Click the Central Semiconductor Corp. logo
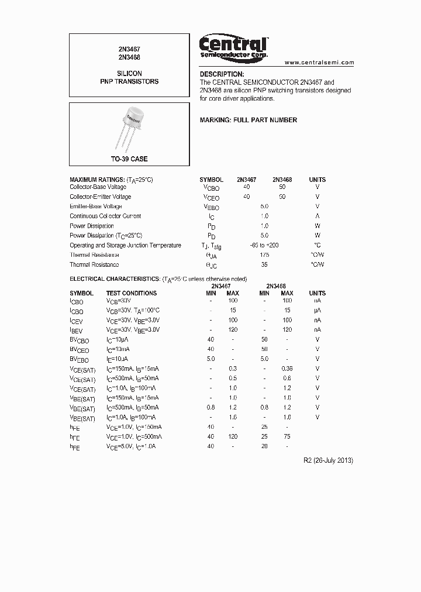233,46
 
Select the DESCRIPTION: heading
222,74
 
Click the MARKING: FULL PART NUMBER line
249,120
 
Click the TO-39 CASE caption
130,159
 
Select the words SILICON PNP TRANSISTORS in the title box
129,78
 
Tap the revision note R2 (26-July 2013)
329,460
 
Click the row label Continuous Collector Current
105,216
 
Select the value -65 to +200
264,246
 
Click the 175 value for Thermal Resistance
264,255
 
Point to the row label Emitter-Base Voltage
96,206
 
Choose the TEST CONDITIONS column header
131,293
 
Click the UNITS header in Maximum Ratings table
318,180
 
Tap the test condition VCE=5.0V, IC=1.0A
132,446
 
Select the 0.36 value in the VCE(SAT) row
287,369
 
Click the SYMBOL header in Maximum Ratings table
211,180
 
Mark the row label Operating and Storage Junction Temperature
125,246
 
